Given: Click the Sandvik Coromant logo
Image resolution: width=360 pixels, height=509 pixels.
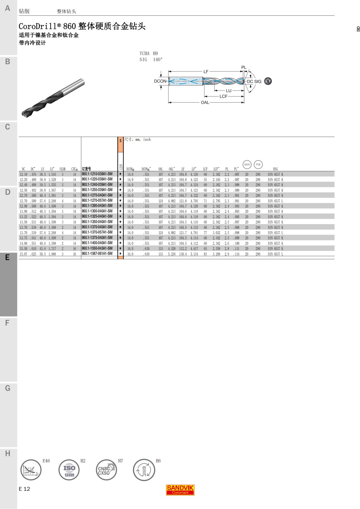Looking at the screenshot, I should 180,490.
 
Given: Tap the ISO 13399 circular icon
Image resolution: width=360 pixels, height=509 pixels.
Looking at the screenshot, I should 69,470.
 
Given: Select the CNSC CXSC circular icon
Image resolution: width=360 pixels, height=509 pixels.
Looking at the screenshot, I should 106,470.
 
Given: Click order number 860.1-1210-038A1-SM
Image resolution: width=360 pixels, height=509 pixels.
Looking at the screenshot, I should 97,174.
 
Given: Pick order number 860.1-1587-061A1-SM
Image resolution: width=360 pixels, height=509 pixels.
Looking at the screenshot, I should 97,254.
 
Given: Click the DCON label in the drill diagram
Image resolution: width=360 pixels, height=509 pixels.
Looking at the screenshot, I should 160,81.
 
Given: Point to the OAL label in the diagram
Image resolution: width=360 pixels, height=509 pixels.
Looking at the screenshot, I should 205,103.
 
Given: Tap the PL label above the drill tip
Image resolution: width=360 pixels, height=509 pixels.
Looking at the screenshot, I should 244,67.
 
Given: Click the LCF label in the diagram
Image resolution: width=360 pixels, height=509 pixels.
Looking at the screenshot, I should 223,96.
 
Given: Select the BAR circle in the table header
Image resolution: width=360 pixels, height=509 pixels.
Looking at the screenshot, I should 247,164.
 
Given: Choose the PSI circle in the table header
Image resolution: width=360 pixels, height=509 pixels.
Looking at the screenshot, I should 258,164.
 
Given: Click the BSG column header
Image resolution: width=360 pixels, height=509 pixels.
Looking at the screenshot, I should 275,169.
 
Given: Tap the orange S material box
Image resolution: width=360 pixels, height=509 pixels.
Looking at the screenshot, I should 120,145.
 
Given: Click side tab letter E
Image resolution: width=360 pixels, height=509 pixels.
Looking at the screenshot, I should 7,257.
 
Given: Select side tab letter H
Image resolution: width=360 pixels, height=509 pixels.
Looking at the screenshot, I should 7,454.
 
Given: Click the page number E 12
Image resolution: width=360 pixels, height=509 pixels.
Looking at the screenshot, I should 24,489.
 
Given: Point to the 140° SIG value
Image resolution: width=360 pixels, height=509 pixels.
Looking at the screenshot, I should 157,60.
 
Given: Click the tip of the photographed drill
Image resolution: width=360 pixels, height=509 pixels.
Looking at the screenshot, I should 24,114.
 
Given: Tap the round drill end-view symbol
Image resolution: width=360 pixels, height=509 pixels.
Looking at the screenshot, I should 268,81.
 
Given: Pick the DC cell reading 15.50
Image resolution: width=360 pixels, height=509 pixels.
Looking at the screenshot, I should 23,249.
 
